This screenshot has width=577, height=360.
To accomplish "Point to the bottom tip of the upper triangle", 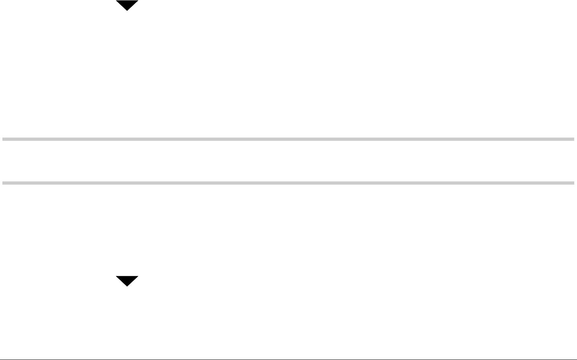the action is [x=127, y=10].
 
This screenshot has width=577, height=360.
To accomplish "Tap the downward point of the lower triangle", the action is [x=127, y=286].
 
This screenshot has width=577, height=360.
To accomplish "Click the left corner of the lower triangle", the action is [x=117, y=277].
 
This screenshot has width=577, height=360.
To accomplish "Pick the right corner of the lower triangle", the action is [x=138, y=277].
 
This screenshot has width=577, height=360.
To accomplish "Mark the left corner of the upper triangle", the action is [x=117, y=1].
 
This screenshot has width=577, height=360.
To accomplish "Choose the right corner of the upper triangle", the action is [x=138, y=1].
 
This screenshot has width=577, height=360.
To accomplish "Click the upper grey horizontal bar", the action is [x=288, y=139].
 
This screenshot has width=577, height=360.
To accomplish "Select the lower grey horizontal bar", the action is [x=288, y=183].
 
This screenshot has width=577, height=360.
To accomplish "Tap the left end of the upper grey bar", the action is [x=3, y=139].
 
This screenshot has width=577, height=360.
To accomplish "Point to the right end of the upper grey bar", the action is [x=573, y=139].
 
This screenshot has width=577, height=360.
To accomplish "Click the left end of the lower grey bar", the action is [x=3, y=183].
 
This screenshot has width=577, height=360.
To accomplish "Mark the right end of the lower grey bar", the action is [x=573, y=183].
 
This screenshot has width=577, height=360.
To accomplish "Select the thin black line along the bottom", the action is [x=288, y=359].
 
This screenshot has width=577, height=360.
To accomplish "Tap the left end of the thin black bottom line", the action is [x=1, y=359].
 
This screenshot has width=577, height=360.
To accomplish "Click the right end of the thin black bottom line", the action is [x=576, y=359].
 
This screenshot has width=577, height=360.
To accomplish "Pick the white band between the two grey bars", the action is [x=288, y=161].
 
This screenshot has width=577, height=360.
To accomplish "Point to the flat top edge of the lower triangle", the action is [x=127, y=276].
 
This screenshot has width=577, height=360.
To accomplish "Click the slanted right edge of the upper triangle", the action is [x=133, y=6].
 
